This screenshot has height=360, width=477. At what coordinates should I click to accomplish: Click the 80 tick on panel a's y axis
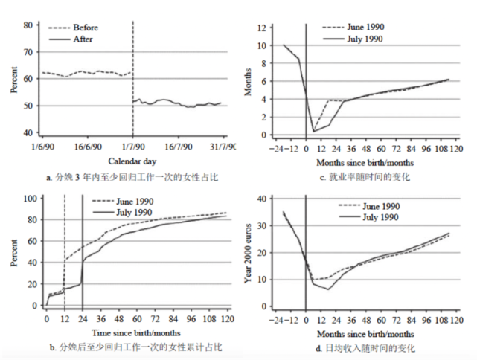[x=28, y=25]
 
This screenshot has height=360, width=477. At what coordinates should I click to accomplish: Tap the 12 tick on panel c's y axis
[x=263, y=28]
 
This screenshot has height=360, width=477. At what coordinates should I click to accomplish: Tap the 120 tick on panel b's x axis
[x=224, y=320]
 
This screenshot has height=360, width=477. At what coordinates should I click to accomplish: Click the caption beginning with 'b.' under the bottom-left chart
[x=133, y=348]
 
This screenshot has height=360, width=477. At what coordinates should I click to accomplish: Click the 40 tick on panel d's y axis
[x=263, y=199]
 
